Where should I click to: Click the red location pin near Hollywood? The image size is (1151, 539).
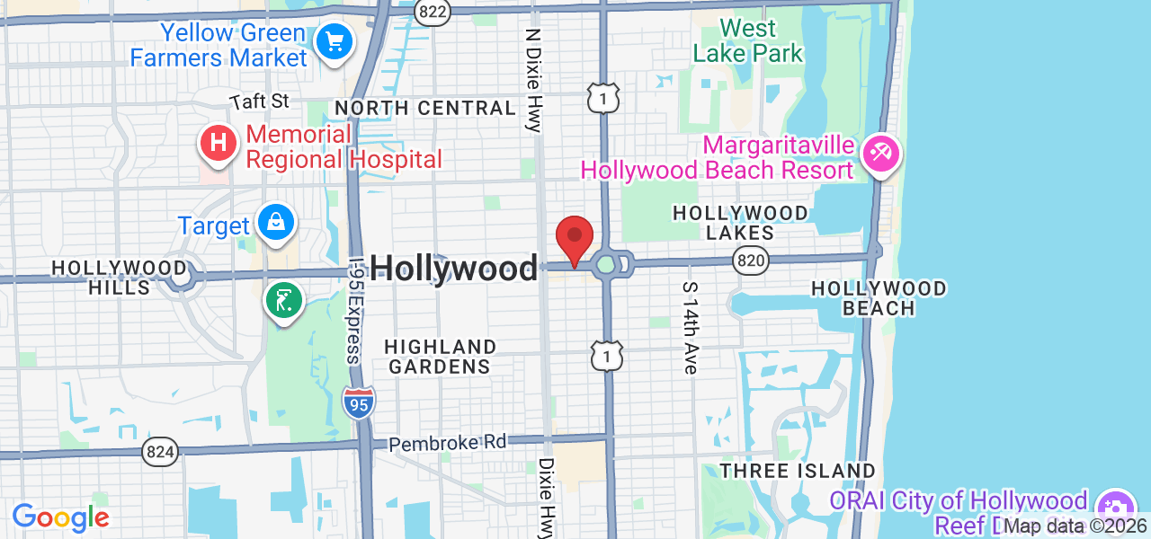[x=575, y=239]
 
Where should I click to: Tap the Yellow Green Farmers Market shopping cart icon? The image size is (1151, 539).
[x=335, y=41]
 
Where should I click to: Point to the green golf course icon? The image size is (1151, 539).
[x=284, y=301]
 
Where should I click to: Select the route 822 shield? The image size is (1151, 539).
[x=433, y=12]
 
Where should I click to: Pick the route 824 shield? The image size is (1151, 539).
[x=160, y=452]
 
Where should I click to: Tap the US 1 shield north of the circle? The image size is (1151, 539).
[x=603, y=98]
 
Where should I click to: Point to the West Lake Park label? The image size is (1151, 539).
[x=748, y=41]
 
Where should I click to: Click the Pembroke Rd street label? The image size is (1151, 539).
[x=448, y=443]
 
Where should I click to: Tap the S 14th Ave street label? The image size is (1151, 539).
[x=691, y=327]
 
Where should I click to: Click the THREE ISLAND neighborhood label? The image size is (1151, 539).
[x=798, y=471]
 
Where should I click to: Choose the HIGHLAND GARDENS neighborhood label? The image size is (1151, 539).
[x=440, y=357]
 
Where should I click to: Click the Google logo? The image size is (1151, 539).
[x=60, y=517]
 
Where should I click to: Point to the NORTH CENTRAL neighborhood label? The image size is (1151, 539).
[x=425, y=109]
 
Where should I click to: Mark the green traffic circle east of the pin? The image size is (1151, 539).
[x=606, y=263]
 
